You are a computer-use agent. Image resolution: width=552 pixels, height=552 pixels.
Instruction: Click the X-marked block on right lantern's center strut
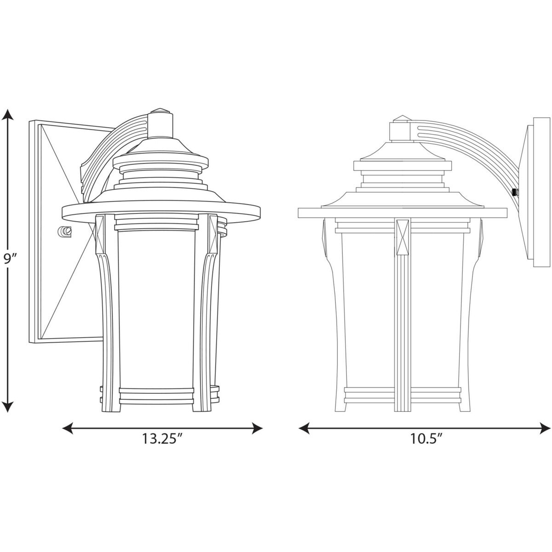402,236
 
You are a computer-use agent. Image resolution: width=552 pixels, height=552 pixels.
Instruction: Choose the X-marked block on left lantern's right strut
213,232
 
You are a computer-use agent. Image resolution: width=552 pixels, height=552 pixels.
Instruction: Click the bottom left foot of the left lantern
106,405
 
